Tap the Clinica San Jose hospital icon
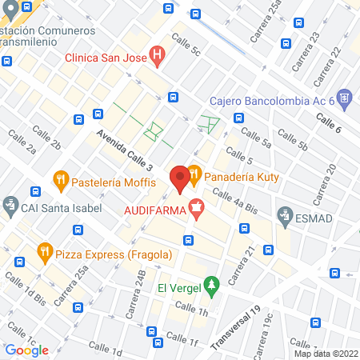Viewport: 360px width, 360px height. pyautogui.click(x=158, y=56)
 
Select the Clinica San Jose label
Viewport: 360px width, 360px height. pyautogui.click(x=109, y=56)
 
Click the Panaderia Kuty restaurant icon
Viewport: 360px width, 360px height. pyautogui.click(x=194, y=174)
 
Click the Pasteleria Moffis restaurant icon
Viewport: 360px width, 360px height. pyautogui.click(x=60, y=180)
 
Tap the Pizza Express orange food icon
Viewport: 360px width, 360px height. pyautogui.click(x=45, y=254)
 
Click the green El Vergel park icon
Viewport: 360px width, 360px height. pyautogui.click(x=211, y=285)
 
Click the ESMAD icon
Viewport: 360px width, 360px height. pyautogui.click(x=285, y=214)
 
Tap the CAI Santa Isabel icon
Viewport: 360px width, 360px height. pyautogui.click(x=10, y=207)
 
